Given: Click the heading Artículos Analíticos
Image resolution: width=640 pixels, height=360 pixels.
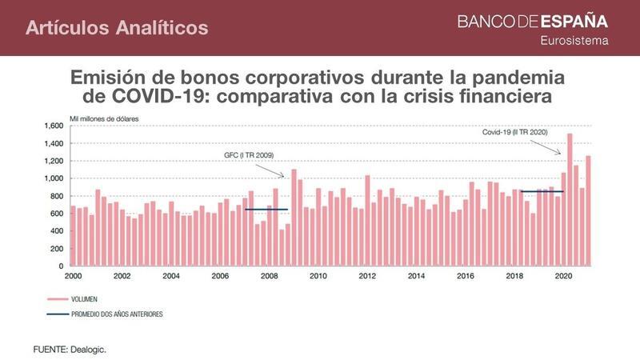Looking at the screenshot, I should (117, 28).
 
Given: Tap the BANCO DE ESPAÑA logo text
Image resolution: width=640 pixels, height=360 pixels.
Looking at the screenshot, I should (532, 22).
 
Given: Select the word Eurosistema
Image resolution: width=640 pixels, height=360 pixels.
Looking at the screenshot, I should (574, 40).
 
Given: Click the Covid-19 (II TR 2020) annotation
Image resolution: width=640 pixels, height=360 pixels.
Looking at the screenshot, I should (514, 132).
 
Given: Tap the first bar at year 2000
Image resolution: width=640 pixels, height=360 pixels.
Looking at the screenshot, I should (74, 235).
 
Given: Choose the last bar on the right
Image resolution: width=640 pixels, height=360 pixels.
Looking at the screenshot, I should (588, 210).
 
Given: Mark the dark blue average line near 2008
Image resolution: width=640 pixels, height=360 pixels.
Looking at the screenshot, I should (266, 210).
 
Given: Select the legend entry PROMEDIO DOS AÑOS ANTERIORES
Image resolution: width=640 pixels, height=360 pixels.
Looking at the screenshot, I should (117, 314).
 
